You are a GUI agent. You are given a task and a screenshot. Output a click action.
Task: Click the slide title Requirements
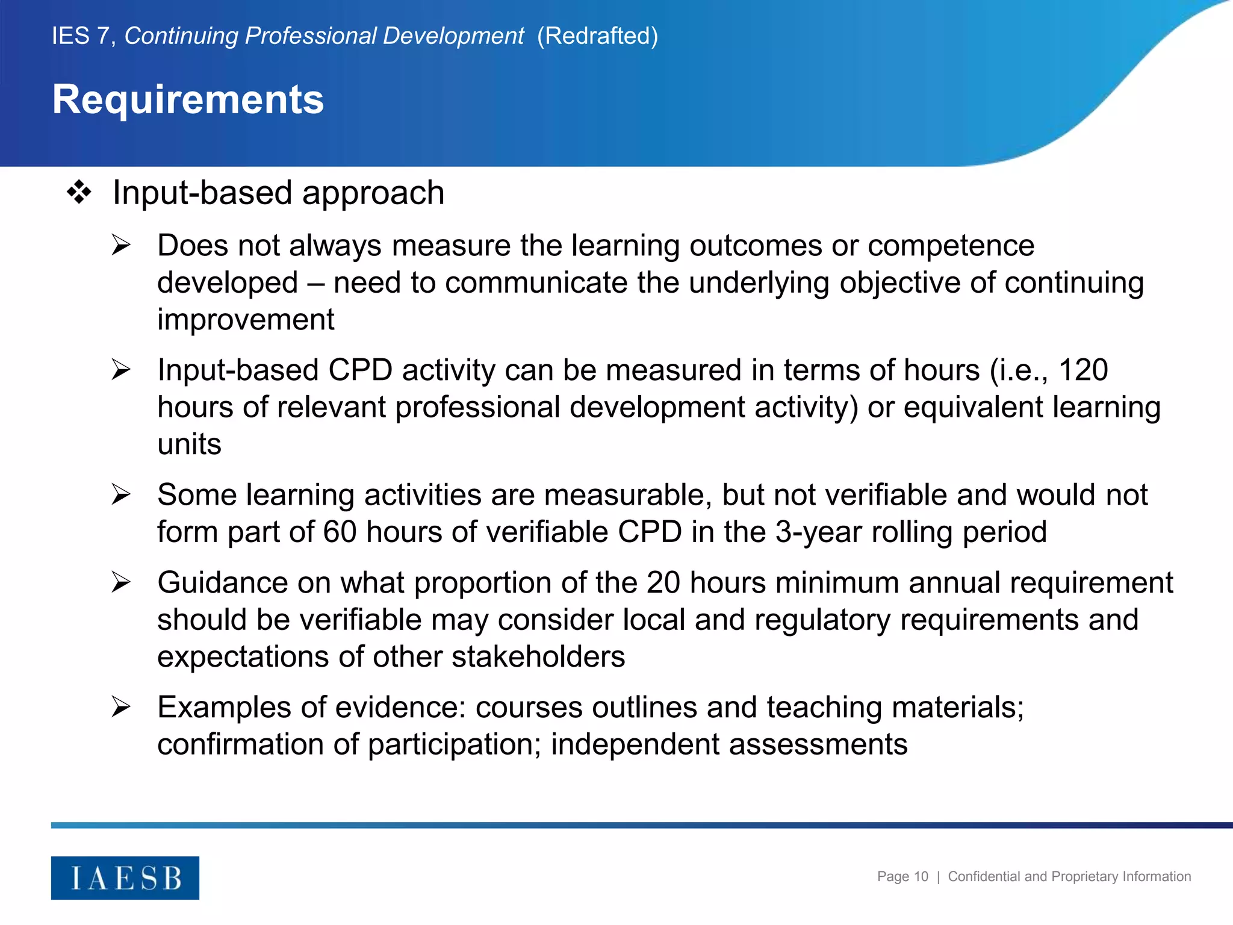point(188,99)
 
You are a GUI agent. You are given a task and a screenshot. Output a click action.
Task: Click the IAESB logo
point(125,878)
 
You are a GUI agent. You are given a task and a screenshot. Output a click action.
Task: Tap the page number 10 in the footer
point(921,877)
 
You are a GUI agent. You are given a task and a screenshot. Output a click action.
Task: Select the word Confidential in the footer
point(984,877)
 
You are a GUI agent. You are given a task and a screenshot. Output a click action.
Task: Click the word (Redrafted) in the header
point(597,36)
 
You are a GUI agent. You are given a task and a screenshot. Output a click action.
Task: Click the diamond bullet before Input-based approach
point(79,193)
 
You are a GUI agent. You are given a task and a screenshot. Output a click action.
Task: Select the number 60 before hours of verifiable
point(340,532)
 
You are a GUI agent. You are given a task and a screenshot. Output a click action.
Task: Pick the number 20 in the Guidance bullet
point(663,583)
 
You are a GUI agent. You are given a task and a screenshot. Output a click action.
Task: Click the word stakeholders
point(538,656)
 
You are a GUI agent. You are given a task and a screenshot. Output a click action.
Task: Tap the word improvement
point(246,320)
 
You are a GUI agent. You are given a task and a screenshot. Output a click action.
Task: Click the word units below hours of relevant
point(189,444)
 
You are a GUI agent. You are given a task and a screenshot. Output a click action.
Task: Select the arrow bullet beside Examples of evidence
point(121,707)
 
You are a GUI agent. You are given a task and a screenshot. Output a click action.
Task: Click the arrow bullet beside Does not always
point(121,246)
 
